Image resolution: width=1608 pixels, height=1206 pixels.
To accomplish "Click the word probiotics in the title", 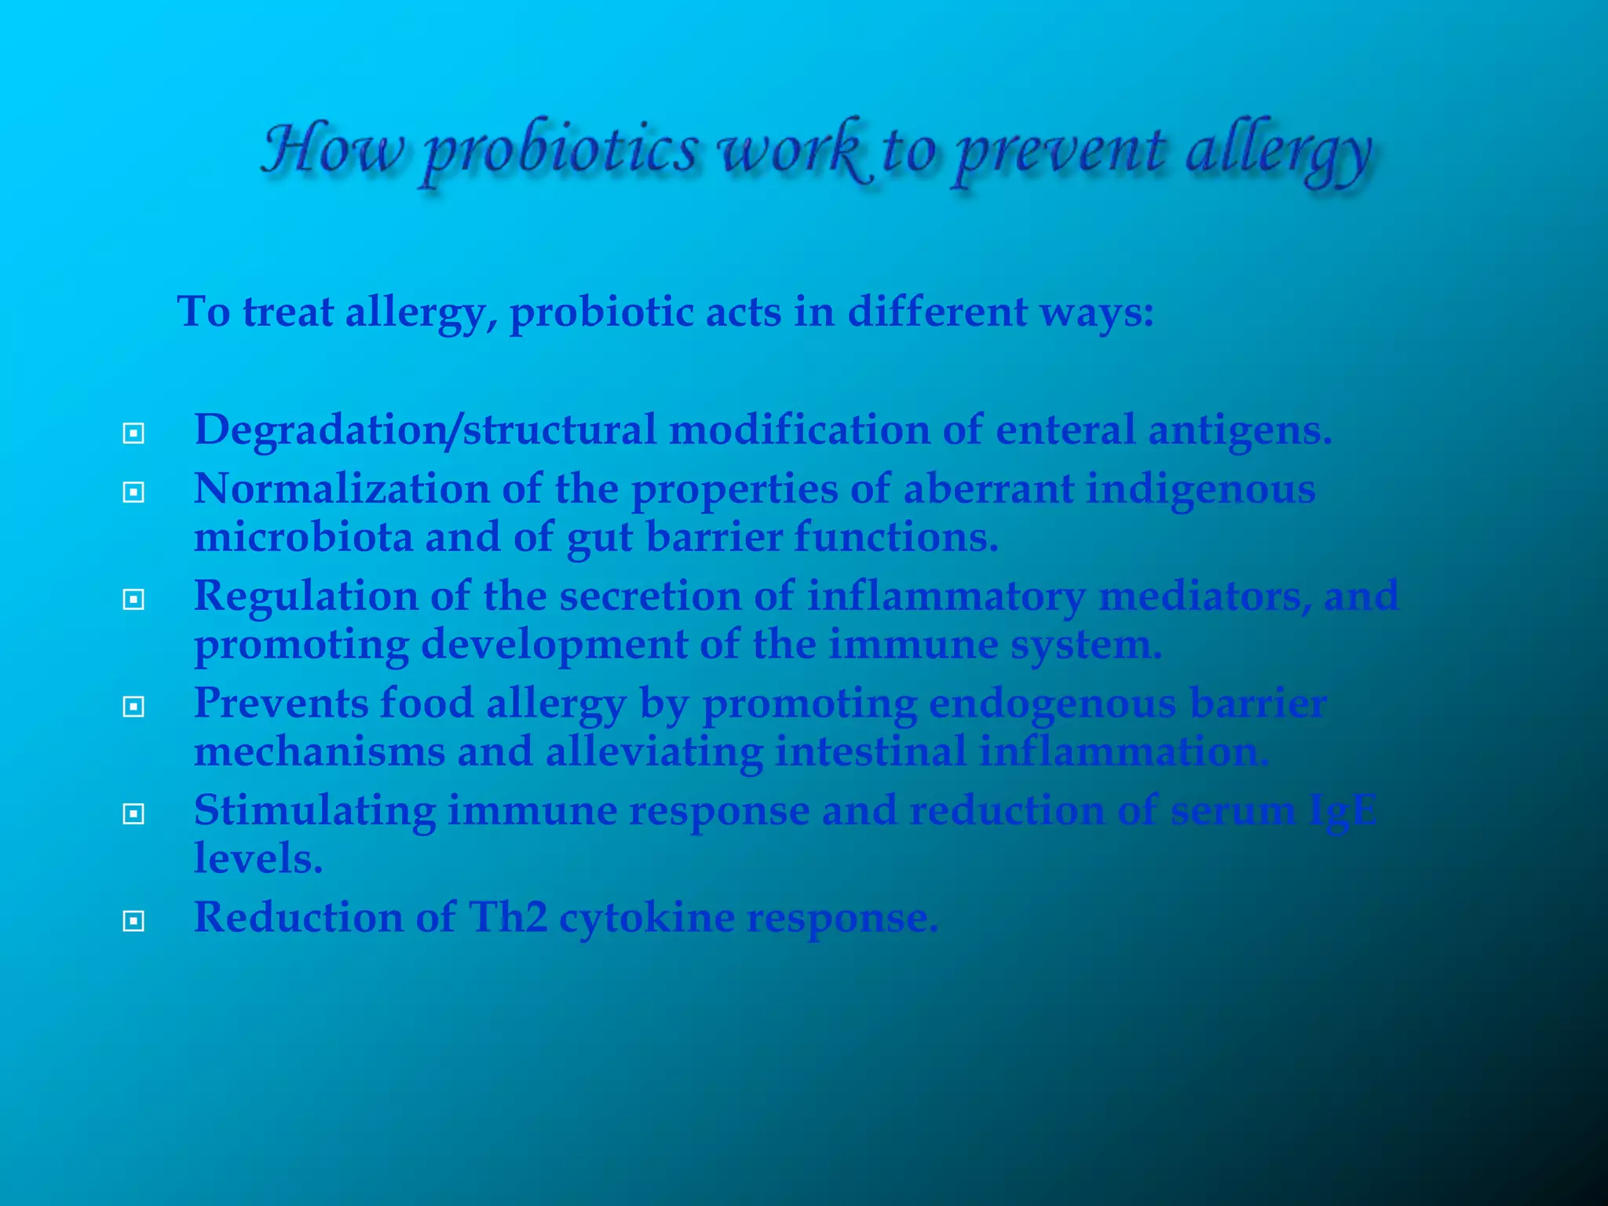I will click(x=559, y=151).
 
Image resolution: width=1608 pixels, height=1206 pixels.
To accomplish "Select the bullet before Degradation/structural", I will click(x=133, y=433).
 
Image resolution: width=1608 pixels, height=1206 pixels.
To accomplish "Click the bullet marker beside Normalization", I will click(x=133, y=492).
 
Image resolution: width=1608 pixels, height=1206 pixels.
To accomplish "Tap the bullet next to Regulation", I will click(x=133, y=600).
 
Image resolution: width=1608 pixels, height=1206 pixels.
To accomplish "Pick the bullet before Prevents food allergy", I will click(x=133, y=707).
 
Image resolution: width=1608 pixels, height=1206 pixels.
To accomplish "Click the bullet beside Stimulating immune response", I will click(x=133, y=813).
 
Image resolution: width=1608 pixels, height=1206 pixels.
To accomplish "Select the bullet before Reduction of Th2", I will click(x=133, y=920).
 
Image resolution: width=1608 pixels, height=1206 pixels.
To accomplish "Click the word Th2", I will click(x=507, y=916).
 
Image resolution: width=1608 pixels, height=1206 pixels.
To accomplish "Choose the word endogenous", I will click(x=1052, y=703).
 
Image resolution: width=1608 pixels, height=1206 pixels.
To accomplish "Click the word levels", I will click(x=258, y=858).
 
